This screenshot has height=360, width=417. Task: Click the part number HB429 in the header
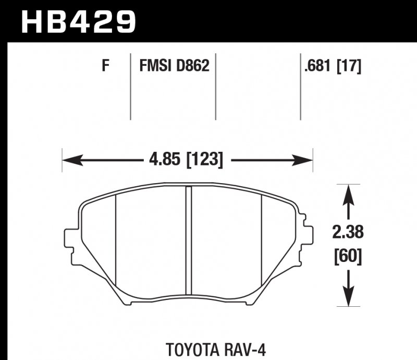point(78,21)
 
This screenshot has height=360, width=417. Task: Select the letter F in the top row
point(105,66)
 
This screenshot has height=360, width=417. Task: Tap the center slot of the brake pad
point(189,245)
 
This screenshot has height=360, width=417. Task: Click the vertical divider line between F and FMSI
point(130,86)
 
